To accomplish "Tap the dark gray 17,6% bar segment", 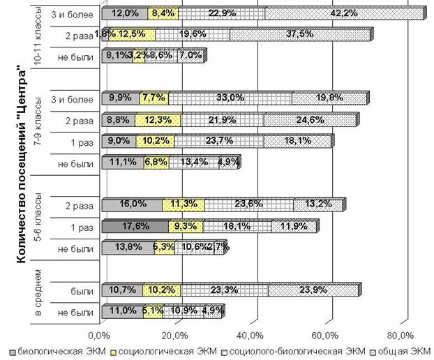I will (135, 226).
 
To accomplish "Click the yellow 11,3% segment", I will (183, 204).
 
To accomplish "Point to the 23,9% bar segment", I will (313, 290).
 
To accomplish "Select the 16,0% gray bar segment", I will (132, 204).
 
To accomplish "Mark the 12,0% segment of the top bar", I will (124, 13).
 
